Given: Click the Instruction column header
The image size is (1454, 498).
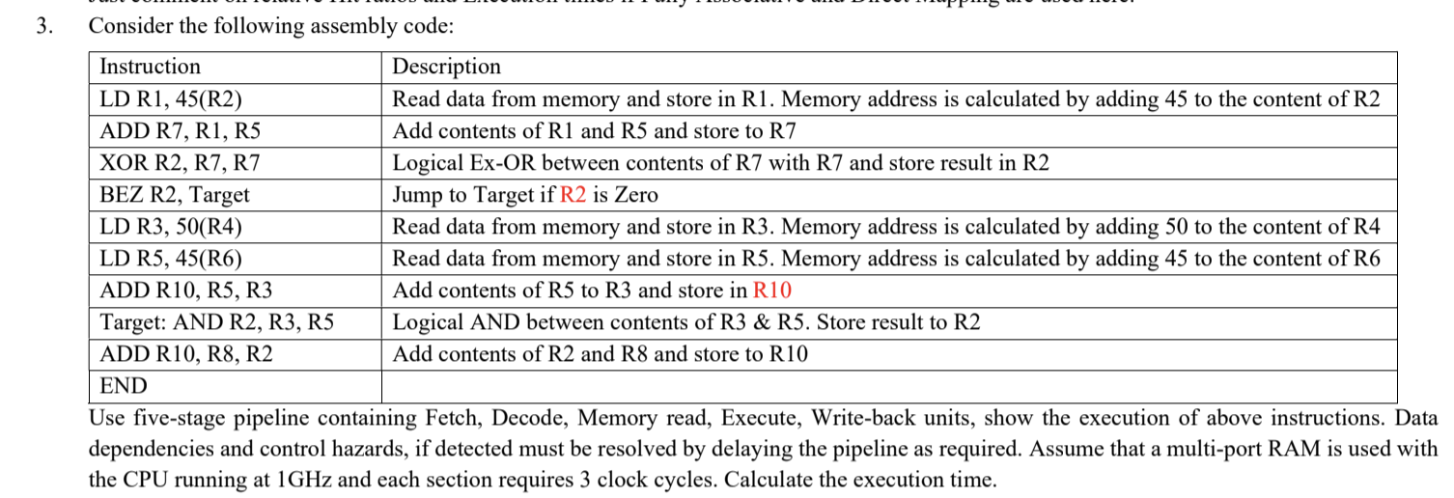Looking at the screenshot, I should click(x=151, y=67).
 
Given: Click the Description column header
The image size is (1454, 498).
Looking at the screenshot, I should click(x=446, y=67).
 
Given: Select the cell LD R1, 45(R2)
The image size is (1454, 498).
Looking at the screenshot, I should click(x=171, y=99).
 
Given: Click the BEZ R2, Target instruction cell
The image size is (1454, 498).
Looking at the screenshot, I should click(x=175, y=195).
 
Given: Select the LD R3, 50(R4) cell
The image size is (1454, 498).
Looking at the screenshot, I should click(x=171, y=227).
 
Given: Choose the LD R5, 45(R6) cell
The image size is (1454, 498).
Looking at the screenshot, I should click(x=171, y=259).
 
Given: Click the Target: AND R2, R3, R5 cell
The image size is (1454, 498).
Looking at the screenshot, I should click(x=217, y=322).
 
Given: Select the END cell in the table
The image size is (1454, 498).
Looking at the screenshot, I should click(x=124, y=387).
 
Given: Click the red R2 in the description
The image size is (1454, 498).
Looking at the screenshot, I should click(x=573, y=195).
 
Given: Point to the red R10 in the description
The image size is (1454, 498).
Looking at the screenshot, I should click(x=772, y=290).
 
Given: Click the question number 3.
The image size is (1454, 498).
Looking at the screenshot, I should click(x=42, y=26).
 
